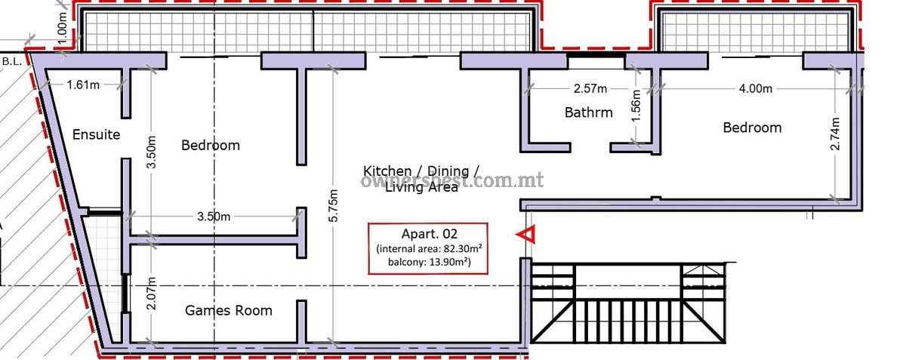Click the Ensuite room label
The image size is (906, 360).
point(97,134)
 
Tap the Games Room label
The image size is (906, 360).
point(229,311)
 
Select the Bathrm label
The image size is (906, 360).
point(588,112)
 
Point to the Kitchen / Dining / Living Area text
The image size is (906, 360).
point(421,179)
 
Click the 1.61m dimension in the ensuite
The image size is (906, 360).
point(83,85)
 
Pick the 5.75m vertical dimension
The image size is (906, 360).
point(333,205)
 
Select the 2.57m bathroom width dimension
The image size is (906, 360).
point(590,88)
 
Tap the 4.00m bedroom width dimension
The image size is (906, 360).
point(756,88)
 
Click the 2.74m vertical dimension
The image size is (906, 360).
point(835,134)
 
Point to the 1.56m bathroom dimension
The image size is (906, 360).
point(636,106)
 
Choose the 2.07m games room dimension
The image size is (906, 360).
point(151,294)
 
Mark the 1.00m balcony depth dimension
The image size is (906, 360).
point(61,29)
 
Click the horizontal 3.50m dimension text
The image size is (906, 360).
point(214,217)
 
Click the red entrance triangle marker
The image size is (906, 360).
point(525,234)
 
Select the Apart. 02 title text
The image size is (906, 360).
point(429,234)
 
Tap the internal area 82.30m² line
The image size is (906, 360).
point(429,248)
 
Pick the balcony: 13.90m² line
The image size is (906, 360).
point(429,262)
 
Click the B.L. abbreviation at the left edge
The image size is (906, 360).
point(12,62)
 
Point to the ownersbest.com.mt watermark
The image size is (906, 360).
point(452,180)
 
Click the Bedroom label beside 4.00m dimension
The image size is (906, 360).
point(752,128)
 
